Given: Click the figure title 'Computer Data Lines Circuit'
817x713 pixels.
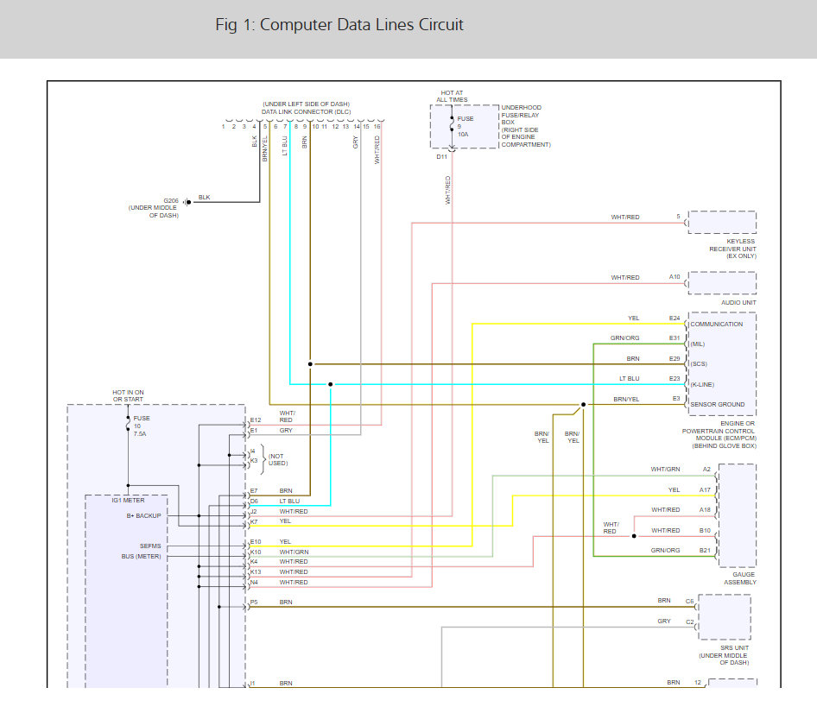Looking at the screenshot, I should coord(339,24).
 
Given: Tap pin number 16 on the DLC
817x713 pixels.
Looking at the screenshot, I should coord(377,127).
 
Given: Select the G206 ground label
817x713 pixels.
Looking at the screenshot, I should coord(171,200).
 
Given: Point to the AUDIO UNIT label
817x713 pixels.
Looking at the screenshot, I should coord(738,303).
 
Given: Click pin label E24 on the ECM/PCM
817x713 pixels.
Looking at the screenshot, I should coord(674,319).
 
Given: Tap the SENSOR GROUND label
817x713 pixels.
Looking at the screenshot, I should coord(717,404).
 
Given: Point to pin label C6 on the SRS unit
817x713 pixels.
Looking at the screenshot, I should coord(689,600).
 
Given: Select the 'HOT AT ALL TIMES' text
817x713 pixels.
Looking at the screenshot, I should coord(452,96).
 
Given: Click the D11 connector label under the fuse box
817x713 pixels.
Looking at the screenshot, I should coord(442,156).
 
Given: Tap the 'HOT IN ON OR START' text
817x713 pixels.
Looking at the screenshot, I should coord(128,396).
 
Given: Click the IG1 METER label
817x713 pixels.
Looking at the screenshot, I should coord(128,500).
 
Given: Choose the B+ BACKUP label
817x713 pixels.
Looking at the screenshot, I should coord(143,516).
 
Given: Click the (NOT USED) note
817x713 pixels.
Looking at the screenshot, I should coord(275,459).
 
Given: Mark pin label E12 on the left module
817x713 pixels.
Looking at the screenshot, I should coord(256,420).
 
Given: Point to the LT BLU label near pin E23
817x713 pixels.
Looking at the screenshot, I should coord(629,379).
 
